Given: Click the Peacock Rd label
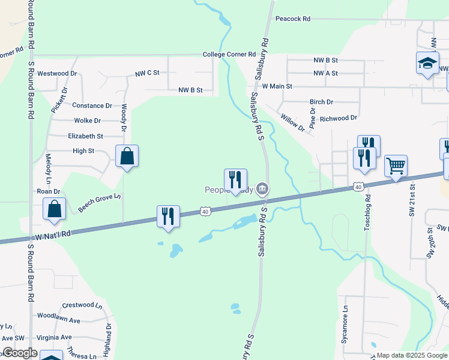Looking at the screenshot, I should point(292,19).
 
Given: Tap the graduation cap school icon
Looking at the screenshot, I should point(427,63).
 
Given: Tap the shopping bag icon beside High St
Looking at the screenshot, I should point(127,157).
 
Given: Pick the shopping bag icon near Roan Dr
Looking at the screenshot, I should point(54,209).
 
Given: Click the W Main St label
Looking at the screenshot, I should point(277,86).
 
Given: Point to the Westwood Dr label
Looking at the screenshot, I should point(58,74).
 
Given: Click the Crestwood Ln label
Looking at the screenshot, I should point(83,305).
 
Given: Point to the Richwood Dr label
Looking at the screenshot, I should point(339,118).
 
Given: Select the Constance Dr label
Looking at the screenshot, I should point(92,106).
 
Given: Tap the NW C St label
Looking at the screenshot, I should point(147,73).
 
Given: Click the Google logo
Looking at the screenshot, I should point(19,353).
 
